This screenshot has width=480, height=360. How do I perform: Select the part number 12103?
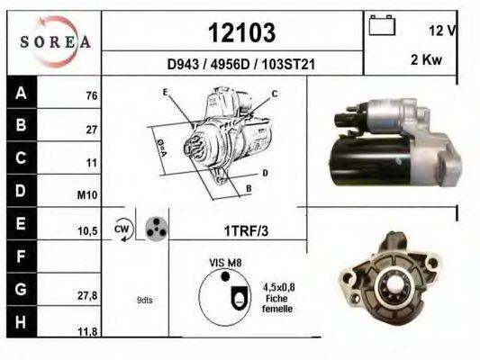tap(241, 33)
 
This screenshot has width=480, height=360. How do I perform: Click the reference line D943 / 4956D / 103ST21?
tap(240, 65)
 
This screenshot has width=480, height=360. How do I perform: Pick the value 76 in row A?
tap(91, 95)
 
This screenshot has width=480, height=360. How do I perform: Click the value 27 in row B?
tap(91, 130)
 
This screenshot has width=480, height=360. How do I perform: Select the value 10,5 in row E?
tap(87, 230)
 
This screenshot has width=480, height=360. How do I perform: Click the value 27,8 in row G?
tap(87, 293)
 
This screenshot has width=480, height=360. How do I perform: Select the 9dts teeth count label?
tap(145, 300)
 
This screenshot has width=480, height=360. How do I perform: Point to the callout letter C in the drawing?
tap(274, 94)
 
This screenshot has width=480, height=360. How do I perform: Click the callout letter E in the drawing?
tap(165, 93)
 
